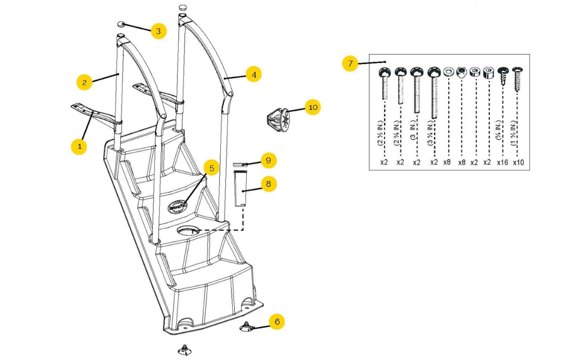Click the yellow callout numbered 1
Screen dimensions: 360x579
click(79, 146)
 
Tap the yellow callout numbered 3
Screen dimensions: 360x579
click(158, 31)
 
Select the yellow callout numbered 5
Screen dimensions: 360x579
click(211, 168)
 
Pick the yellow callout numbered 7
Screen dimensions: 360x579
click(350, 64)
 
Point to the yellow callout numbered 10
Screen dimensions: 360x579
click(312, 107)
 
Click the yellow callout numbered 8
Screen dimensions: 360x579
click(268, 184)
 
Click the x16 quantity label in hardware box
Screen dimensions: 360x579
click(502, 162)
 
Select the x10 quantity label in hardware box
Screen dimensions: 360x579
click(518, 162)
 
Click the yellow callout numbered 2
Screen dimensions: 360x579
click(85, 82)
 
